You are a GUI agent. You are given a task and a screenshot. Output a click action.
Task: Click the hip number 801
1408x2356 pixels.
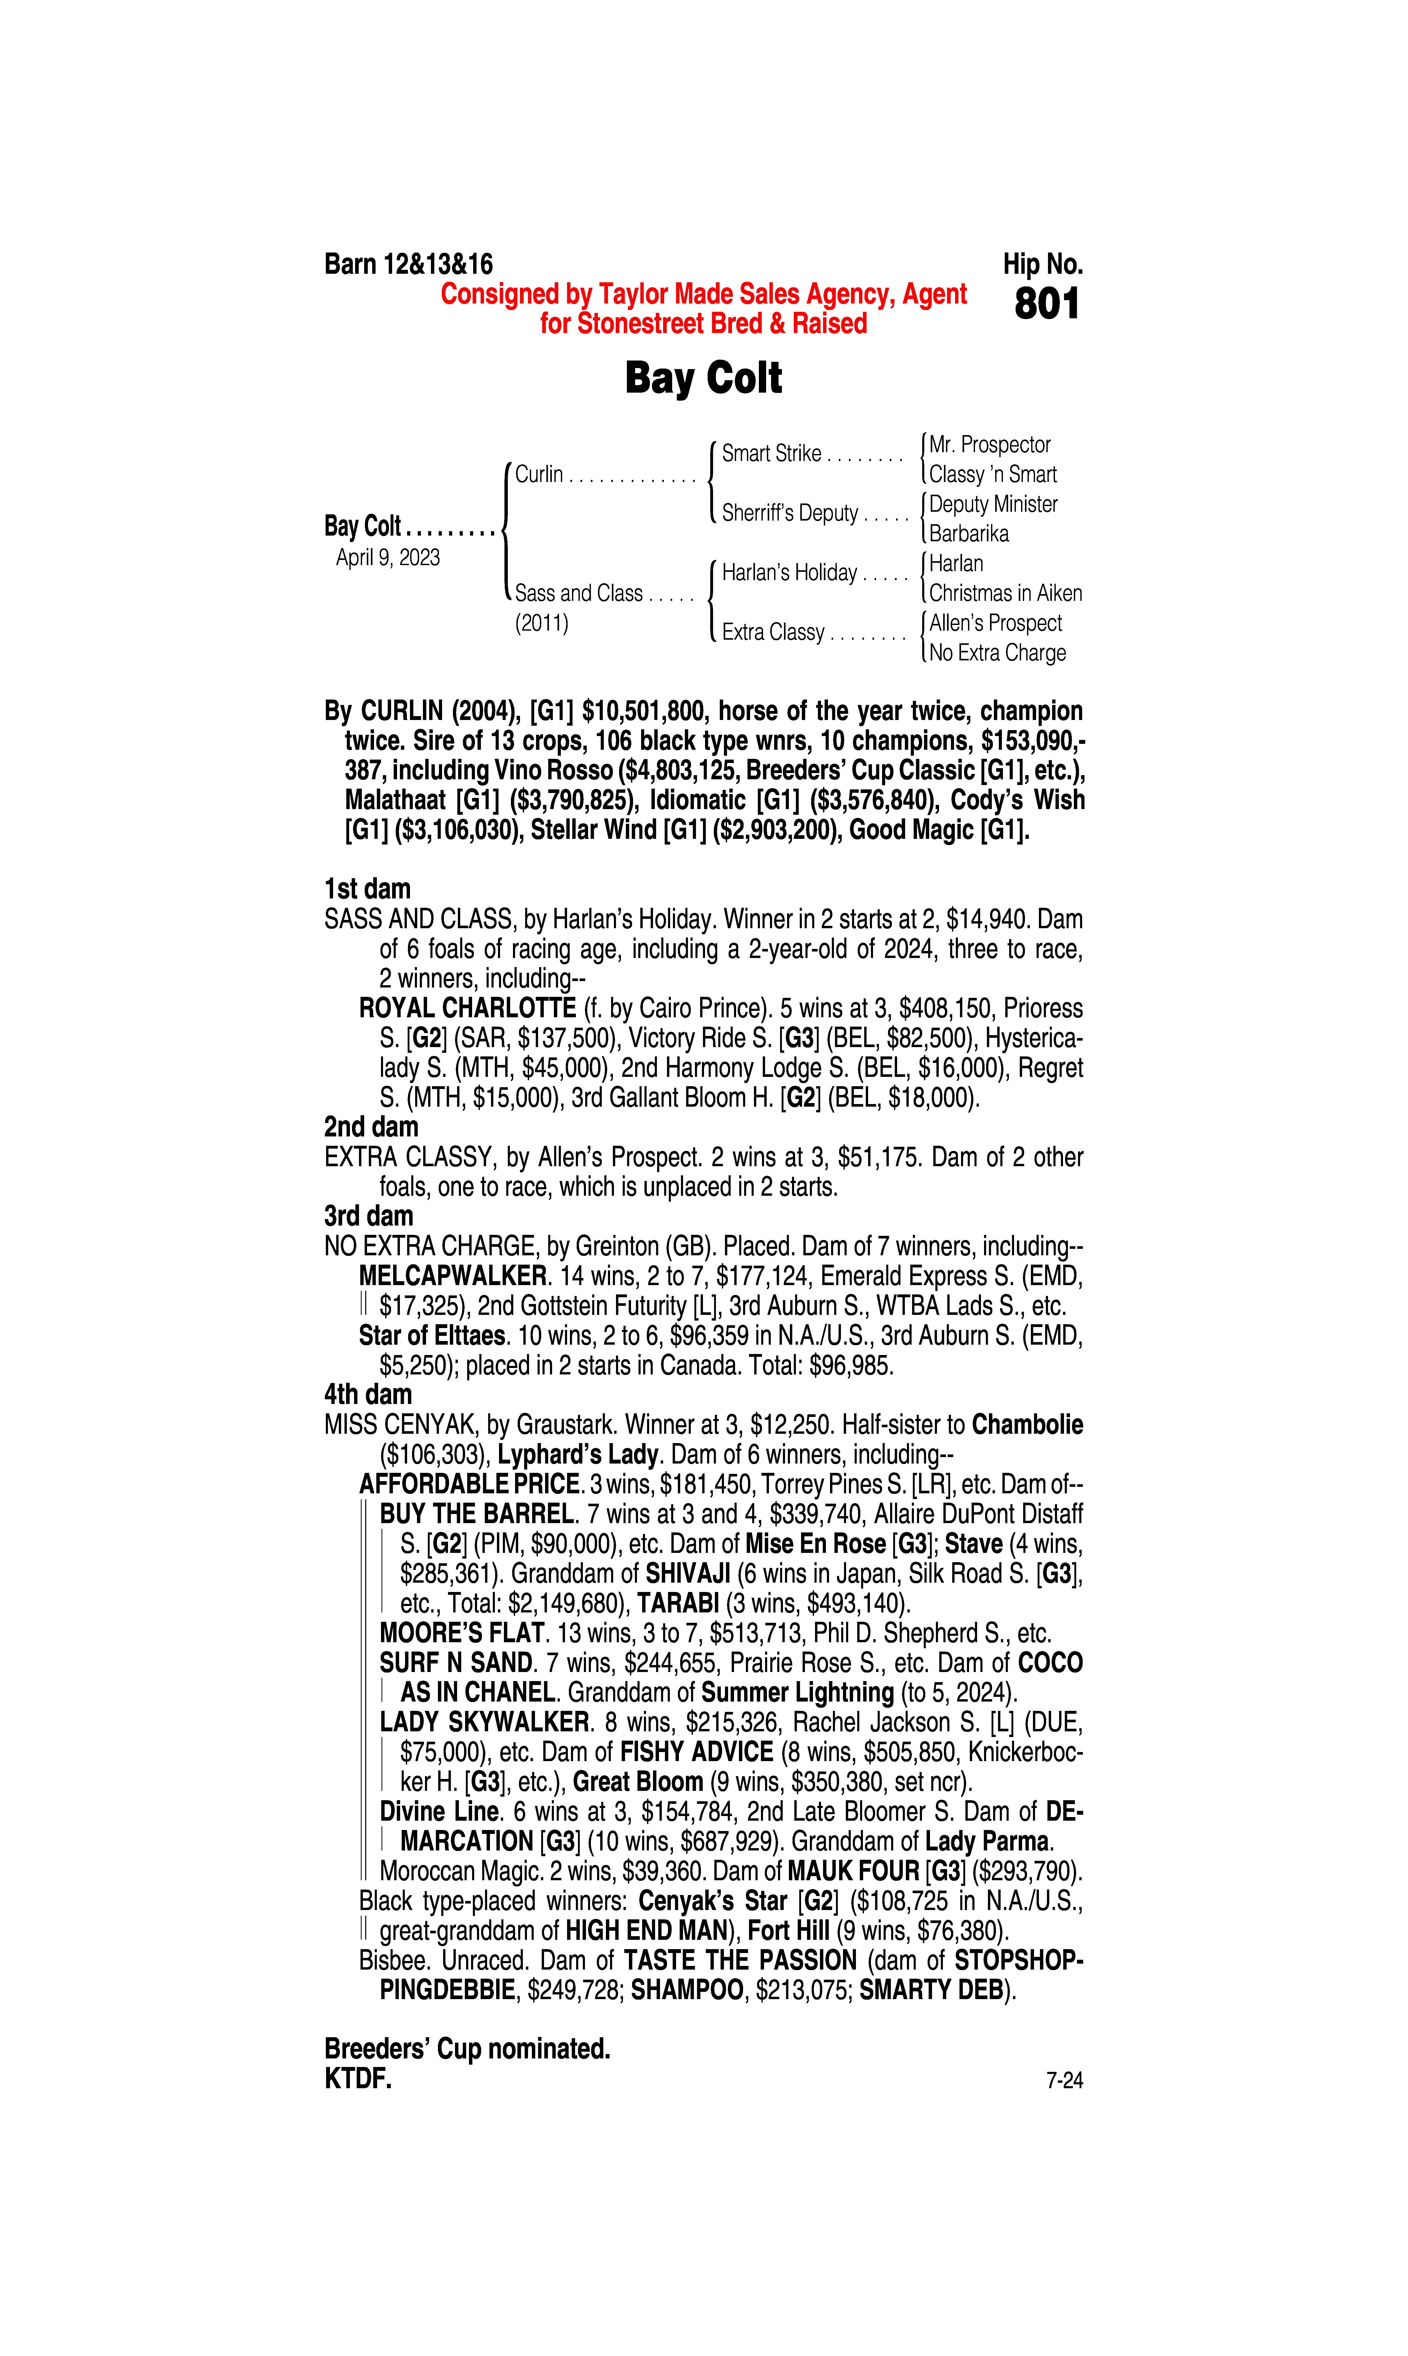click(x=1046, y=305)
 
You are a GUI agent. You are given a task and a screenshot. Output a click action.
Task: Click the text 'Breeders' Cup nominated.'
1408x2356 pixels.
click(x=467, y=2048)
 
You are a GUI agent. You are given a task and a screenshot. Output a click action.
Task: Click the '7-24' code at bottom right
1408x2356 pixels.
click(x=1064, y=2081)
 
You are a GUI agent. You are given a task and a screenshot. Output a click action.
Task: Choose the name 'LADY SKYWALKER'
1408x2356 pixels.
click(x=485, y=1722)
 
